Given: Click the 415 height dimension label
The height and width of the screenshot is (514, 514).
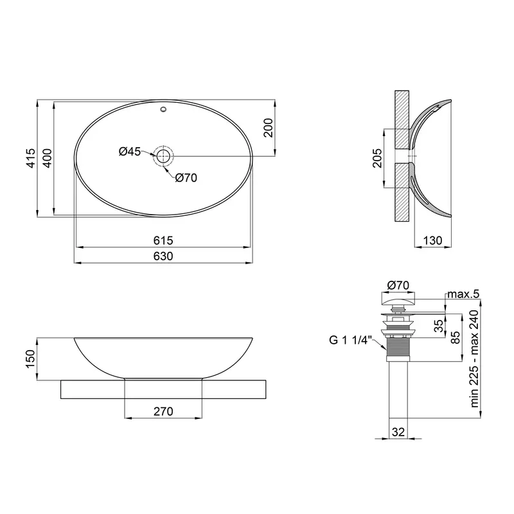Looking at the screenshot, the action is click(x=30, y=158).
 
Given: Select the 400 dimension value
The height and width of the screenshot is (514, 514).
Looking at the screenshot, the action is click(x=48, y=158).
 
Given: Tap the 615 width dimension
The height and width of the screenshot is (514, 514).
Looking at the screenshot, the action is click(x=163, y=240).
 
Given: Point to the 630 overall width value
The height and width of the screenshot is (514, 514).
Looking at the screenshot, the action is click(x=163, y=256).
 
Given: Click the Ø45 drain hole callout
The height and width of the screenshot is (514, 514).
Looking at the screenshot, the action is click(x=130, y=152).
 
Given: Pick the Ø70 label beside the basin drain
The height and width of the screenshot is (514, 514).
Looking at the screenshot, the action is click(x=186, y=178).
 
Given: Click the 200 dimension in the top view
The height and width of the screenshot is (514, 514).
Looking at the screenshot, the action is click(x=268, y=128).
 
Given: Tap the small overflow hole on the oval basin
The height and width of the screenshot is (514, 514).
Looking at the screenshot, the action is click(x=163, y=109).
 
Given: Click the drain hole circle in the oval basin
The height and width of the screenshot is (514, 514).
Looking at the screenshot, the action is click(x=163, y=156).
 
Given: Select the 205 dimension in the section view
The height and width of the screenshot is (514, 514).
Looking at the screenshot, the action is click(x=377, y=158).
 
